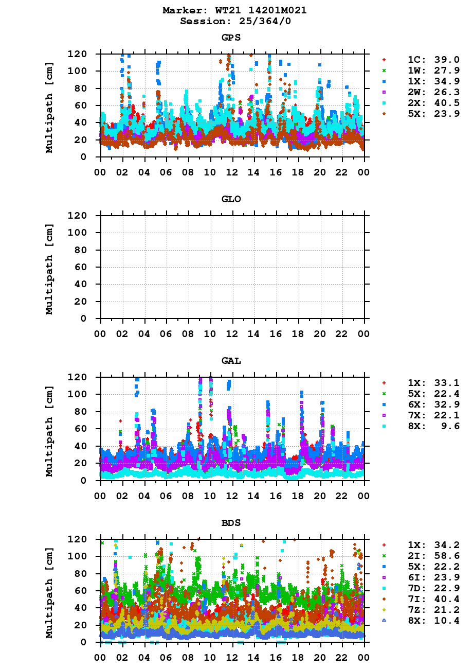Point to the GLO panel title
231,199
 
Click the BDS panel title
231,523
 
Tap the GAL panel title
231,361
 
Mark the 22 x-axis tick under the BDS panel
342,657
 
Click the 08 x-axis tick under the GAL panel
188,495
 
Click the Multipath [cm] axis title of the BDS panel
49,592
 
